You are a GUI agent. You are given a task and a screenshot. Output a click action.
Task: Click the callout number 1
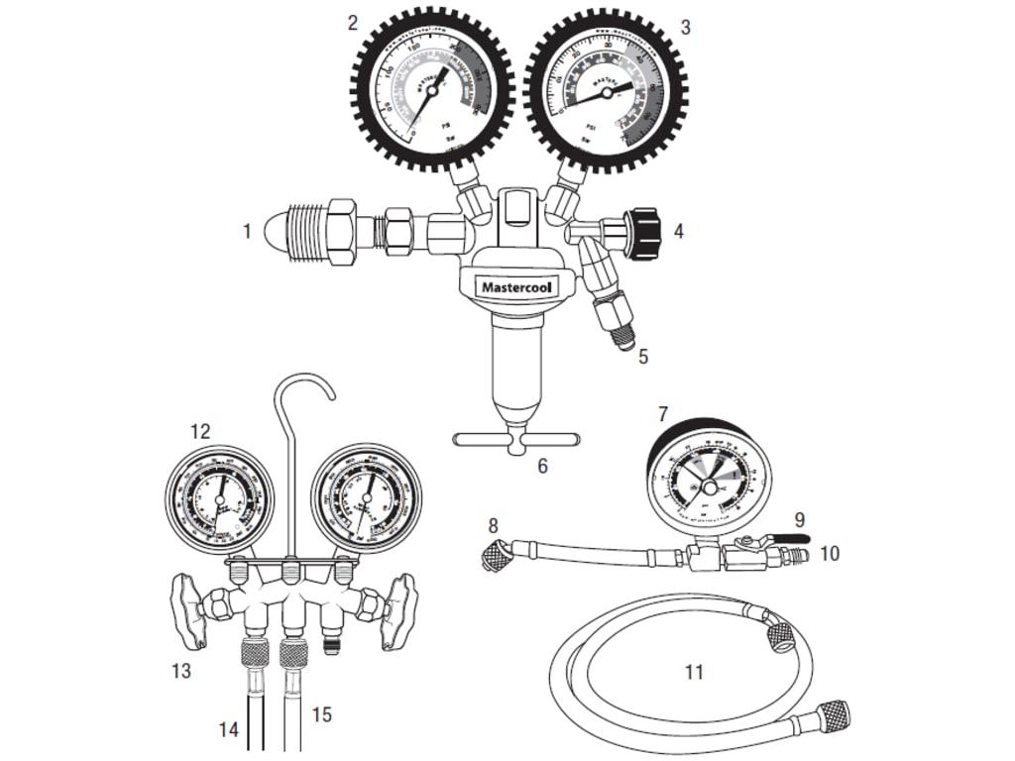[x=247, y=232]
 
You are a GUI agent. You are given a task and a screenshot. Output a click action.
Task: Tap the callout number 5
[x=642, y=355]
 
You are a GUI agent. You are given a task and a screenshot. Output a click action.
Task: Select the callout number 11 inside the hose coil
[x=694, y=672]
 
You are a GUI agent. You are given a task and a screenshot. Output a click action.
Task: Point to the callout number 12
[x=200, y=431]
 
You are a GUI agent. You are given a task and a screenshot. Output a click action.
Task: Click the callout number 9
[x=799, y=518]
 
